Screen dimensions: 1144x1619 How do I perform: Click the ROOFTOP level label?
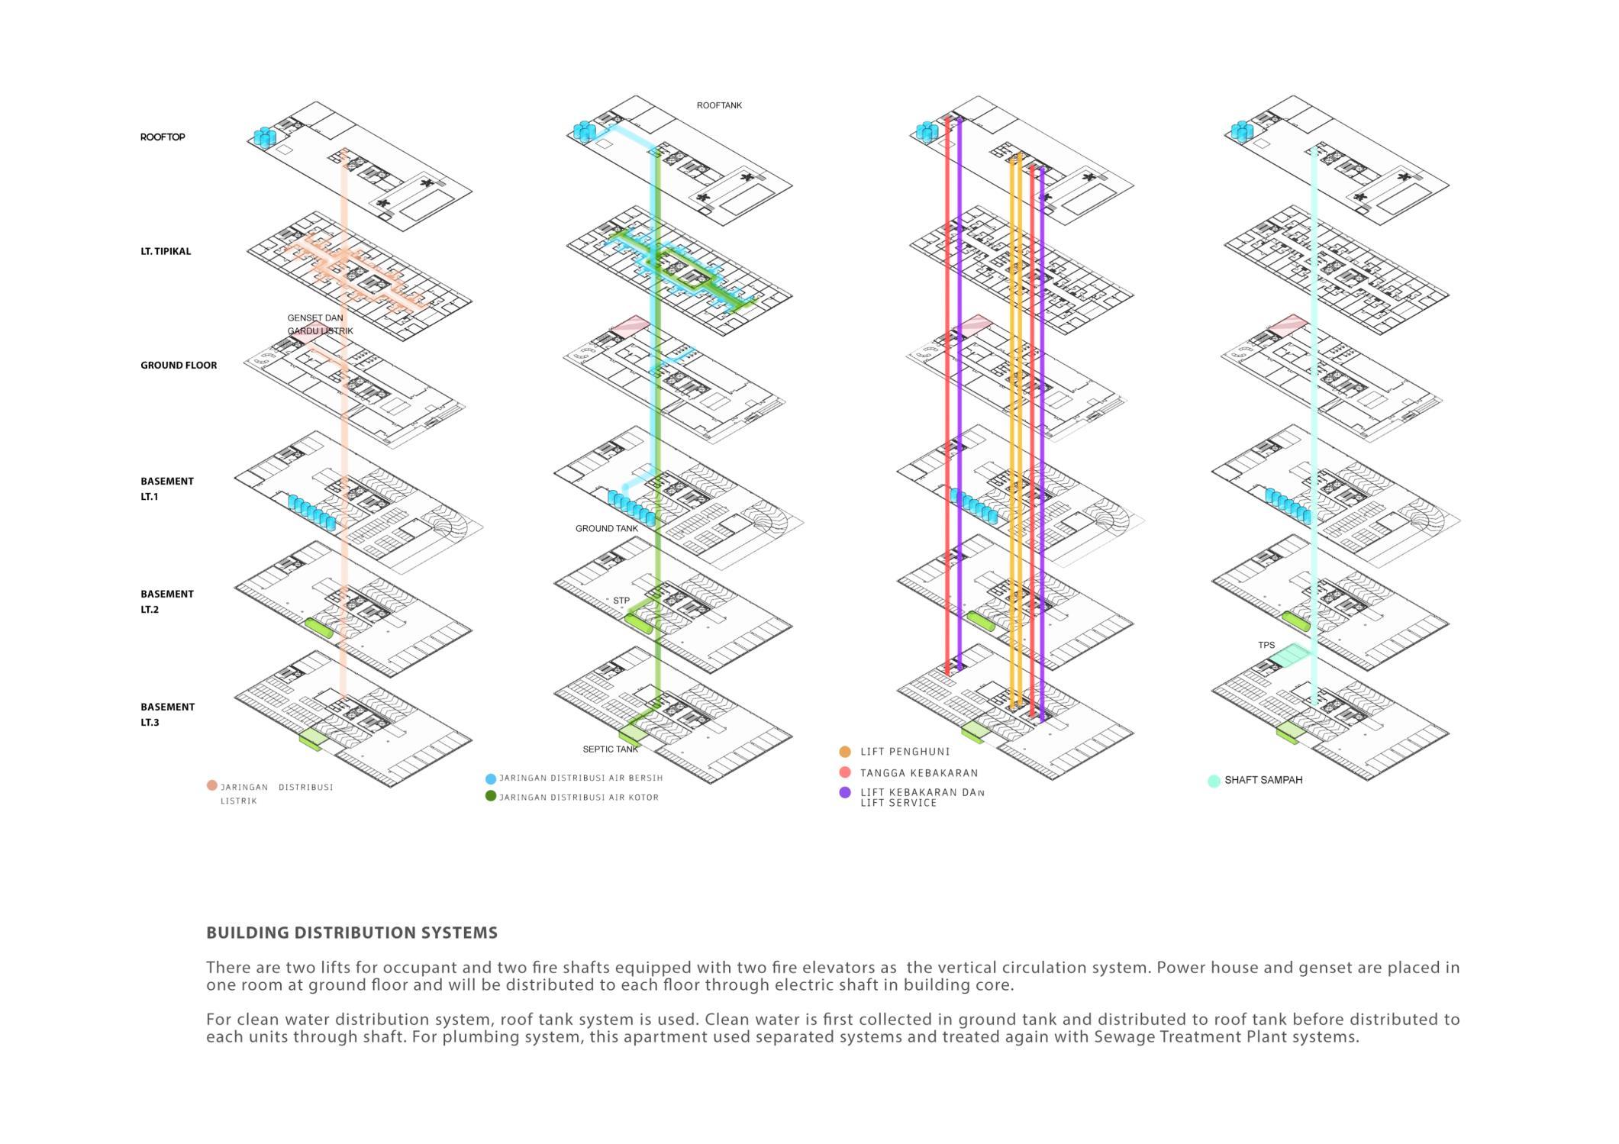(x=163, y=137)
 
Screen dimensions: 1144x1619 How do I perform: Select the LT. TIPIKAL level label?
(x=166, y=251)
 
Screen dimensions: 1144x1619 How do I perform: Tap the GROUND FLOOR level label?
(x=179, y=365)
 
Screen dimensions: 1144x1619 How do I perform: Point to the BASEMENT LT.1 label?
(x=167, y=488)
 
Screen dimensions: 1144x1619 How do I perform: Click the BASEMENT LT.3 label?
(x=167, y=714)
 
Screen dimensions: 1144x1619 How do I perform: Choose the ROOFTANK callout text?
(x=719, y=105)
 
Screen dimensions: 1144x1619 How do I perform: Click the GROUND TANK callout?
(x=607, y=528)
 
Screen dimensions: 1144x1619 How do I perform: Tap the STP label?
(x=621, y=601)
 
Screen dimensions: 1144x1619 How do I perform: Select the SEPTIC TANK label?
(x=611, y=749)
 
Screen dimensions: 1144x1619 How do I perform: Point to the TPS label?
(x=1266, y=645)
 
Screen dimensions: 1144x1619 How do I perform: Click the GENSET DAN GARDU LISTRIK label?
(x=320, y=324)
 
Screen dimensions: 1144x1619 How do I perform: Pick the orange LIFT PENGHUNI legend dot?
(x=845, y=752)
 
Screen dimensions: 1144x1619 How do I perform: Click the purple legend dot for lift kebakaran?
(x=845, y=793)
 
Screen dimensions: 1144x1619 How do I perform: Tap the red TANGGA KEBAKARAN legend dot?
(x=845, y=772)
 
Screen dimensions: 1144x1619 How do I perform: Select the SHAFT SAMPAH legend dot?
(x=1214, y=781)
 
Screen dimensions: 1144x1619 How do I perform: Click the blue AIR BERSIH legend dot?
(x=491, y=779)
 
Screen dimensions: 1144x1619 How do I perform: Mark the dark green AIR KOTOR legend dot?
(x=491, y=796)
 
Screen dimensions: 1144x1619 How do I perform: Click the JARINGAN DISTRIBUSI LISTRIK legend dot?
(x=211, y=785)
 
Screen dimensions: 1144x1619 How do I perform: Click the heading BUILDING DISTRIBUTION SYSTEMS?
(x=352, y=933)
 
